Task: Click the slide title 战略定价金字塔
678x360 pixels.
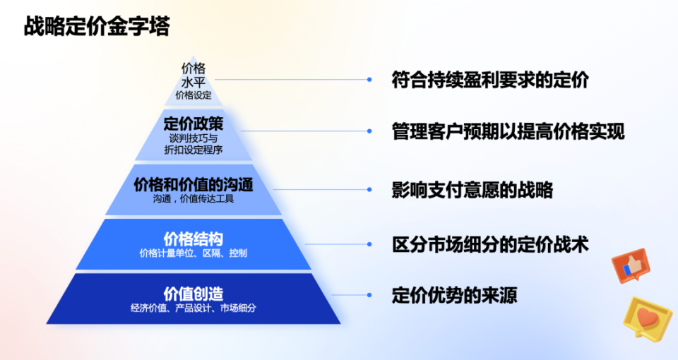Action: click(x=97, y=26)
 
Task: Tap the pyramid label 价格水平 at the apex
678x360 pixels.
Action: click(x=194, y=75)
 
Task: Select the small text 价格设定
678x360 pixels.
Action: click(x=194, y=95)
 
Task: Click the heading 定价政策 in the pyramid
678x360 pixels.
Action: click(x=194, y=124)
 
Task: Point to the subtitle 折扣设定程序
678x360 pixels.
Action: click(x=194, y=150)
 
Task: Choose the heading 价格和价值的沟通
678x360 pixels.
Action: click(x=194, y=184)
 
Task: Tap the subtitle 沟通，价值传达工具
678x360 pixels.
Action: click(x=194, y=199)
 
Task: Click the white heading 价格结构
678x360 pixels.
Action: click(x=194, y=238)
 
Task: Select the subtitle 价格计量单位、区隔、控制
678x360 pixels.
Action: click(x=194, y=253)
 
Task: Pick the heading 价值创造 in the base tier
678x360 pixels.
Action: click(x=194, y=293)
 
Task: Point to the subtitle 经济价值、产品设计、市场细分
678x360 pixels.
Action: click(x=194, y=308)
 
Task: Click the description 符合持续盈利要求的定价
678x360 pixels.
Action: click(x=490, y=80)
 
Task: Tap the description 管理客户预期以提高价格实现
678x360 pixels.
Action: click(x=508, y=131)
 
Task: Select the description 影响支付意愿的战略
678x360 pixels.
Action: click(x=472, y=189)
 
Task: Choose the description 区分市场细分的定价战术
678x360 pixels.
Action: click(x=490, y=244)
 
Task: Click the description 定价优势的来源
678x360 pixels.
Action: click(x=454, y=294)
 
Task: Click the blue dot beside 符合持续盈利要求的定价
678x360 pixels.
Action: click(x=369, y=80)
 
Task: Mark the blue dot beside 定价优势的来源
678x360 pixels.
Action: click(x=369, y=294)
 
